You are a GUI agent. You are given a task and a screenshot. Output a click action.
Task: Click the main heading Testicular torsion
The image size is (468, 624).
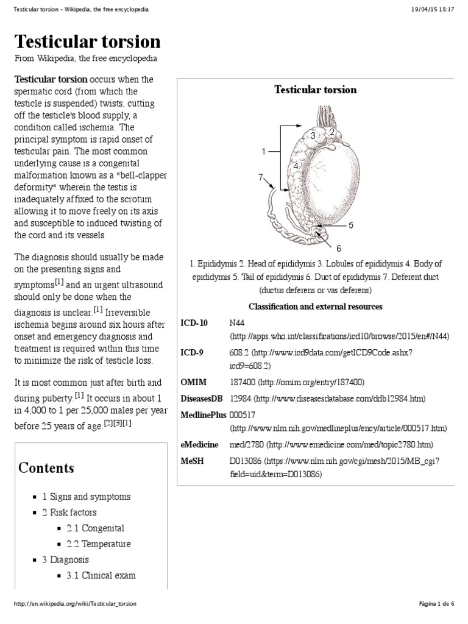click(87, 41)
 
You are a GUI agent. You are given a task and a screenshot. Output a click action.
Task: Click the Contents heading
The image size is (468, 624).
click(46, 468)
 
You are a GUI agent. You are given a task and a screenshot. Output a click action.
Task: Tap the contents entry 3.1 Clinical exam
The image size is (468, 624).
click(101, 575)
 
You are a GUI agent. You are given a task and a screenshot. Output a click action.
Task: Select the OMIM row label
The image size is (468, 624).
click(193, 382)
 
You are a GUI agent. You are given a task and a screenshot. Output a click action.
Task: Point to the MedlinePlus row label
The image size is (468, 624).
click(204, 414)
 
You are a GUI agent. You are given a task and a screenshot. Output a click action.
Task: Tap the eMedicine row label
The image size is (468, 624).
click(199, 444)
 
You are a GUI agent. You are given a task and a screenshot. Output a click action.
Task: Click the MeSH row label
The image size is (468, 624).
click(192, 460)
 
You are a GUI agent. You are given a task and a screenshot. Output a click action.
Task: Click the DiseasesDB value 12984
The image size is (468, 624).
click(240, 399)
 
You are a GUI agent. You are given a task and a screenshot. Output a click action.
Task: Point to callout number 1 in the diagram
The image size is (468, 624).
click(264, 151)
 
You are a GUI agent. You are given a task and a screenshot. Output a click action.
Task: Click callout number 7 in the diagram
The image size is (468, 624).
click(260, 177)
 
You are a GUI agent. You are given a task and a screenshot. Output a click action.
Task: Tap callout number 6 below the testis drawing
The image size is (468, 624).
click(339, 248)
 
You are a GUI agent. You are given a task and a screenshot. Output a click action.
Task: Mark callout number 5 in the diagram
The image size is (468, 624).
click(350, 225)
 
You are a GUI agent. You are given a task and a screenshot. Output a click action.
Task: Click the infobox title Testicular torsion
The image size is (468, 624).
click(315, 90)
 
